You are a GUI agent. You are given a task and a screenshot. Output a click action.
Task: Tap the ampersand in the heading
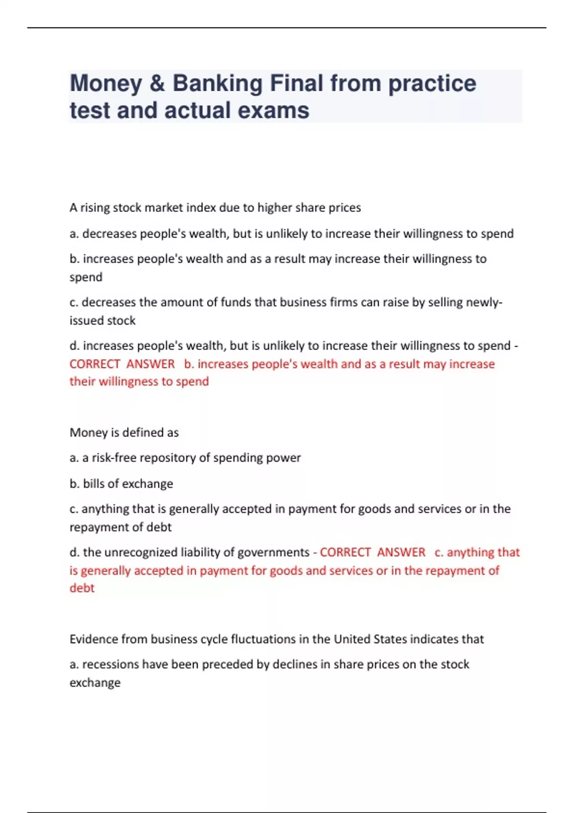click(157, 84)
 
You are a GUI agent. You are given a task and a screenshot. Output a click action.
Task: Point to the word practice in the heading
click(432, 84)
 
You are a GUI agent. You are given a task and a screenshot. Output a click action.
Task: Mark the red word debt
click(82, 588)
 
